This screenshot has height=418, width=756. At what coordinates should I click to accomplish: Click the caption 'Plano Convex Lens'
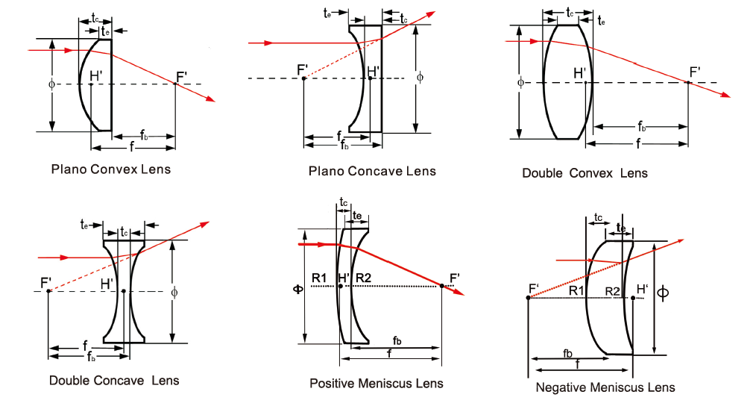pos(110,169)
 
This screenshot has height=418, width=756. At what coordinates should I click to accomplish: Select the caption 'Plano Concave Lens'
pos(372,171)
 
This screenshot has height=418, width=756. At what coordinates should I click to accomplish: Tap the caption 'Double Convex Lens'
pos(585,173)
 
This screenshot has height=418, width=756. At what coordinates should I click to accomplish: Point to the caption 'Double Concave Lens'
pos(114,380)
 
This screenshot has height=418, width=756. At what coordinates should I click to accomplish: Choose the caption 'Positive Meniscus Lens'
pos(376,383)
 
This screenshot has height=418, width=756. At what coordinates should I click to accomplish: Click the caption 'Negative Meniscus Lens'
pos(605,387)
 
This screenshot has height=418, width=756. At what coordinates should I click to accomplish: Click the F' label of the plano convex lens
pos(181,75)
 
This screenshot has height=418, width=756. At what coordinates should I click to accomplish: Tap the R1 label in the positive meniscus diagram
pos(319,278)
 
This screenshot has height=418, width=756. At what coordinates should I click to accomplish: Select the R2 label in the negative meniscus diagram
pos(612,290)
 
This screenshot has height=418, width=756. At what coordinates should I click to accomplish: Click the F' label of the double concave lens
pos(46,282)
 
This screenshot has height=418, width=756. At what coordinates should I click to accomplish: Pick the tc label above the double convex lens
pos(570,13)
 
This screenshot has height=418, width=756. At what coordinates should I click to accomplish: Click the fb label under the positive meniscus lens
pos(397,340)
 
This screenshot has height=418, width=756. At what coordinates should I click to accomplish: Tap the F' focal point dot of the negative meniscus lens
pos(528,298)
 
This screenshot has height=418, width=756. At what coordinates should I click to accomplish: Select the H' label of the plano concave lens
pos(374,72)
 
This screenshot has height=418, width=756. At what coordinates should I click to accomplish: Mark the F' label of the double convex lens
pos(694,72)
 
